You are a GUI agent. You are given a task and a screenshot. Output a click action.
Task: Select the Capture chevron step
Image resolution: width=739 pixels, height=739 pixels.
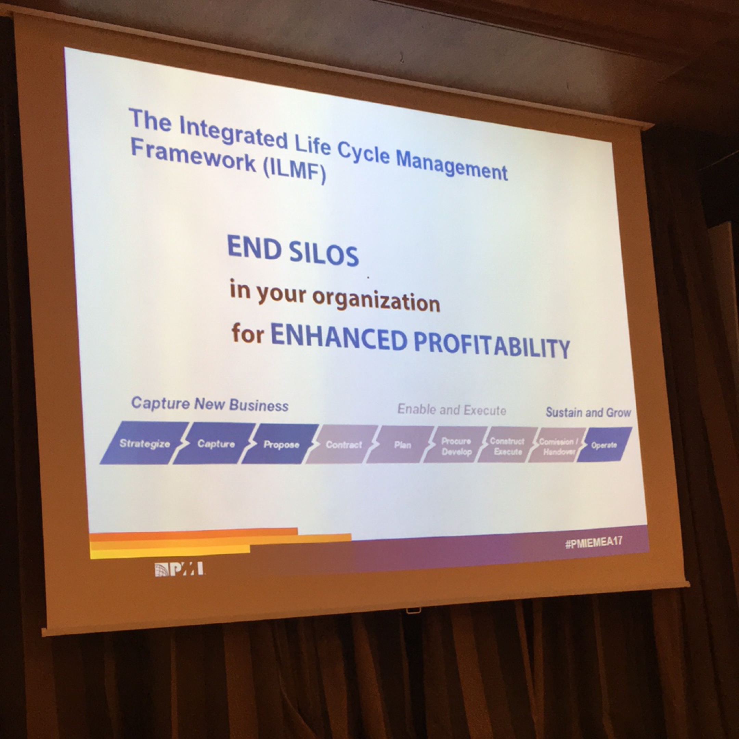(x=215, y=443)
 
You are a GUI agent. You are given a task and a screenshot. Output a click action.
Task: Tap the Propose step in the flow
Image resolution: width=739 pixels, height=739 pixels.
(x=281, y=444)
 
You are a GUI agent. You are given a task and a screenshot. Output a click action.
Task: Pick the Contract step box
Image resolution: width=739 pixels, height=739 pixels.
(x=343, y=444)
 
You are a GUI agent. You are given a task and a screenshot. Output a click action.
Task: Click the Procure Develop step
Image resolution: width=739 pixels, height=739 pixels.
(x=456, y=445)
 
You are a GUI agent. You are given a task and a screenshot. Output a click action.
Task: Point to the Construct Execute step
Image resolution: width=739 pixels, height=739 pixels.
(x=507, y=446)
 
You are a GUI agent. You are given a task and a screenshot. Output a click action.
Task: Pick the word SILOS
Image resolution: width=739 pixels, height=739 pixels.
(x=324, y=253)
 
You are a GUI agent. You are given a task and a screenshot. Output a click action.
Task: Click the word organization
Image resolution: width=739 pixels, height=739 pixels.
(x=376, y=301)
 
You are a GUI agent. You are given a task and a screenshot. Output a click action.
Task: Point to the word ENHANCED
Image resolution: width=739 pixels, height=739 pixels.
(x=338, y=338)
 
